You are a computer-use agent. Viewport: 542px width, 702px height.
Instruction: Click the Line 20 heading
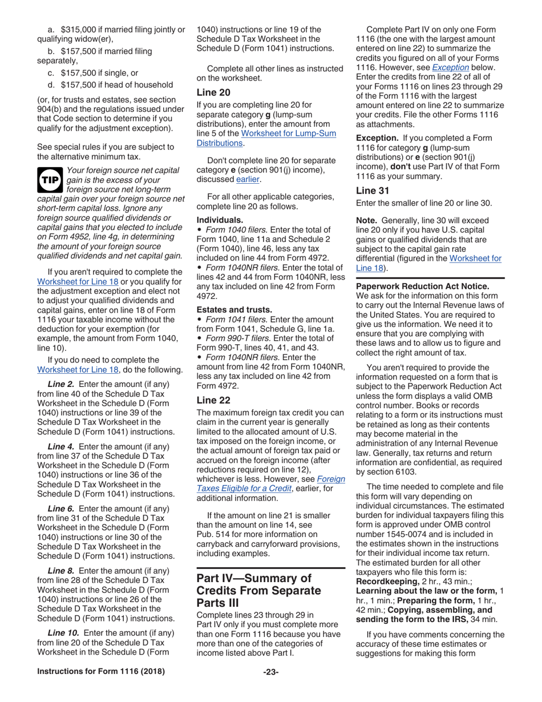[x=215, y=92]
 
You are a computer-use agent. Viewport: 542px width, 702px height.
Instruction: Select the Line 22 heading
[x=215, y=400]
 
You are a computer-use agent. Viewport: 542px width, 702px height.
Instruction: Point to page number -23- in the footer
[x=271, y=672]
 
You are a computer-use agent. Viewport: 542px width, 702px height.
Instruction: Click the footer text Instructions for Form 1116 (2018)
[x=101, y=672]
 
